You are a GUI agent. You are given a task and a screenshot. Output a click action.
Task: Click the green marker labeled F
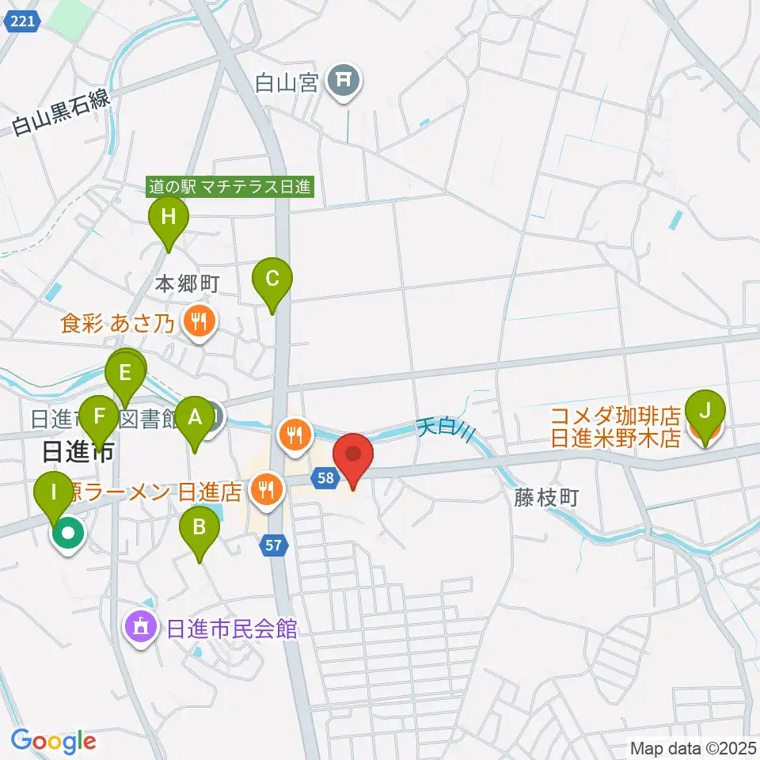(x=100, y=416)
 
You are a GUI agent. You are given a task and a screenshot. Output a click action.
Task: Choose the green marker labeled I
(x=54, y=494)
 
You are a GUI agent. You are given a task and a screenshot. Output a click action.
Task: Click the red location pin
(x=353, y=457)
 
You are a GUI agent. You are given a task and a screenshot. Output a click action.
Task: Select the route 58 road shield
(x=327, y=477)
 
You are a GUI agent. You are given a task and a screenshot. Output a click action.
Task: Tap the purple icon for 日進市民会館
(x=142, y=629)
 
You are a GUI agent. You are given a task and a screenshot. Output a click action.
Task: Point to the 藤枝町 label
(x=545, y=497)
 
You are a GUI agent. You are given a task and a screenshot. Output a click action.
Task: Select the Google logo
(x=54, y=742)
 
